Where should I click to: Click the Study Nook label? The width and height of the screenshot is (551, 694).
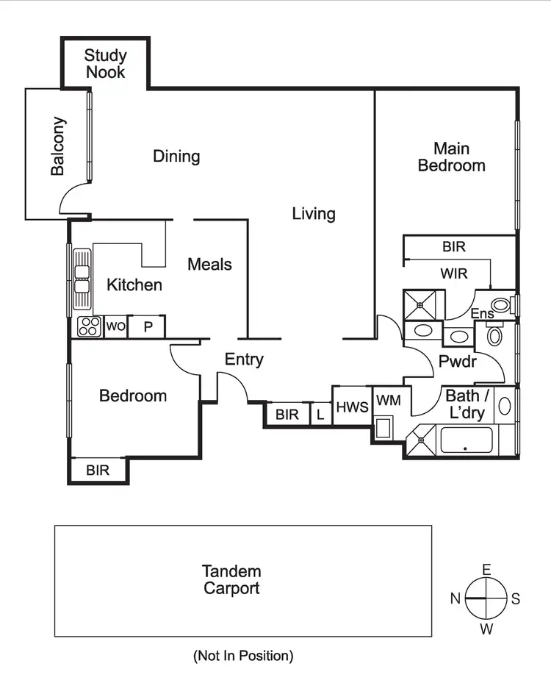pos(105,64)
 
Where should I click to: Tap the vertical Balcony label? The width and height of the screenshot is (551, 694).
pos(57,146)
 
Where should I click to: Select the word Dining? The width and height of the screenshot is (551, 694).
pos(176,157)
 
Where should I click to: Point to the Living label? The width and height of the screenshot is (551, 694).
pos(314,214)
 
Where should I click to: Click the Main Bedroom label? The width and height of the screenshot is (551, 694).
pos(451,157)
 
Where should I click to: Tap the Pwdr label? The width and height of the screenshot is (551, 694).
pos(458,362)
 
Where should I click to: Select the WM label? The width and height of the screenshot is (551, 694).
pos(388,401)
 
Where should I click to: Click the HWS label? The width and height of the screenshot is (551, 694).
pos(352,407)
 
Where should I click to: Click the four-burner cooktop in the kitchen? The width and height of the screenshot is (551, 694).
pos(89,326)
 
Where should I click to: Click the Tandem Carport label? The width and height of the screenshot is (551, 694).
pos(232,580)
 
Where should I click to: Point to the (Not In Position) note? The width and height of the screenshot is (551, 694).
pos(243,656)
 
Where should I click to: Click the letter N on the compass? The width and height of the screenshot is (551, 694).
pos(455,598)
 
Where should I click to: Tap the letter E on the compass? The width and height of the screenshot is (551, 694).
pos(486,570)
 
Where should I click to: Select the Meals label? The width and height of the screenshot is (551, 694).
pos(209,264)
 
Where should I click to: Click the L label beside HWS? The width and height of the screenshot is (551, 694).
pos(320,415)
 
